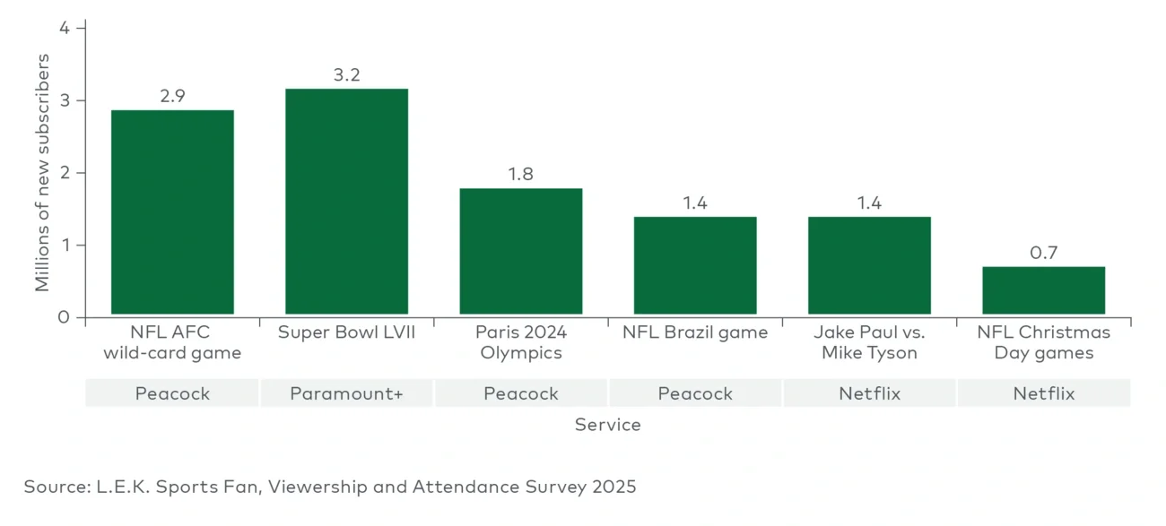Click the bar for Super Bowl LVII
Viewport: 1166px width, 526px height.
[346, 202]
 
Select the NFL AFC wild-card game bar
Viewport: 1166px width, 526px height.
[172, 212]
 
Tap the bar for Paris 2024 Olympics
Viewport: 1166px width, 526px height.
[520, 252]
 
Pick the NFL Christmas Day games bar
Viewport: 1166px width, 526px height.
[1043, 291]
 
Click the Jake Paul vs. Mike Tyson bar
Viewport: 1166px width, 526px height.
[869, 266]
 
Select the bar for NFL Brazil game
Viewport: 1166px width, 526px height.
[695, 266]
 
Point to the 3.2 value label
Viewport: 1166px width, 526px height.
[346, 75]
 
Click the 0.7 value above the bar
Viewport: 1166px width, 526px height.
[1043, 253]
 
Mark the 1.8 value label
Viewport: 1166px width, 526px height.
[520, 175]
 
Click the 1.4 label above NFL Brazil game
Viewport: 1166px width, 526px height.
[695, 203]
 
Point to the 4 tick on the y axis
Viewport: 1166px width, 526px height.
[64, 28]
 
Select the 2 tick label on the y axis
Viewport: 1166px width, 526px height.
[64, 173]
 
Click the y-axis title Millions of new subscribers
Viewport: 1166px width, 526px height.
[42, 172]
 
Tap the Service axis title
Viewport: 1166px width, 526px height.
[607, 425]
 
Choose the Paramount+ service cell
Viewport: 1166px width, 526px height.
[346, 393]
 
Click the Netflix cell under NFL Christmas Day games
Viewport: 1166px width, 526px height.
[1043, 393]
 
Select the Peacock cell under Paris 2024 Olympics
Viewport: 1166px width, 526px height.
[520, 393]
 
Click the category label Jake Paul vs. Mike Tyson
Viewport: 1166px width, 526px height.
[869, 342]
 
